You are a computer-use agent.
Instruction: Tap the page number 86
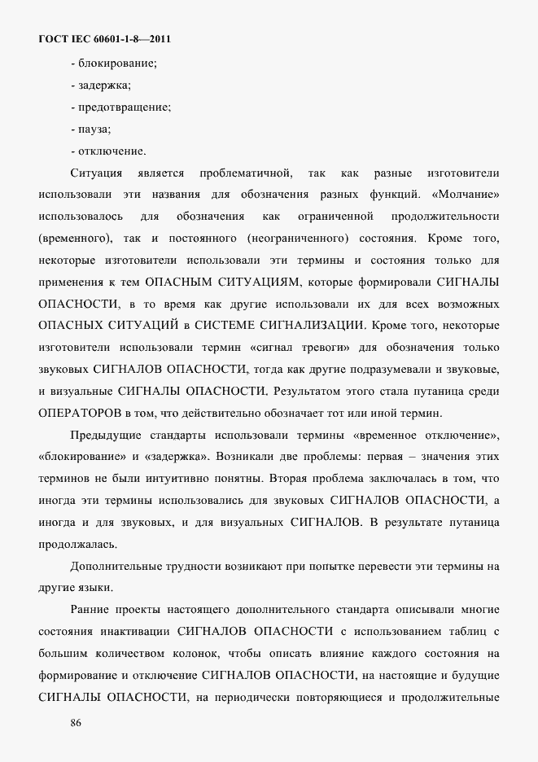pyautogui.click(x=77, y=722)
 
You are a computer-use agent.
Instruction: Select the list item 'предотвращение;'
pyautogui.click(x=121, y=107)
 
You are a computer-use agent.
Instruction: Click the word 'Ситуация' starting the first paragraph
pyautogui.click(x=96, y=173)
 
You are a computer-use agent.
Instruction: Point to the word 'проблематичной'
pyautogui.click(x=245, y=173)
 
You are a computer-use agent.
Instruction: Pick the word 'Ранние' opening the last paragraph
pyautogui.click(x=91, y=608)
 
